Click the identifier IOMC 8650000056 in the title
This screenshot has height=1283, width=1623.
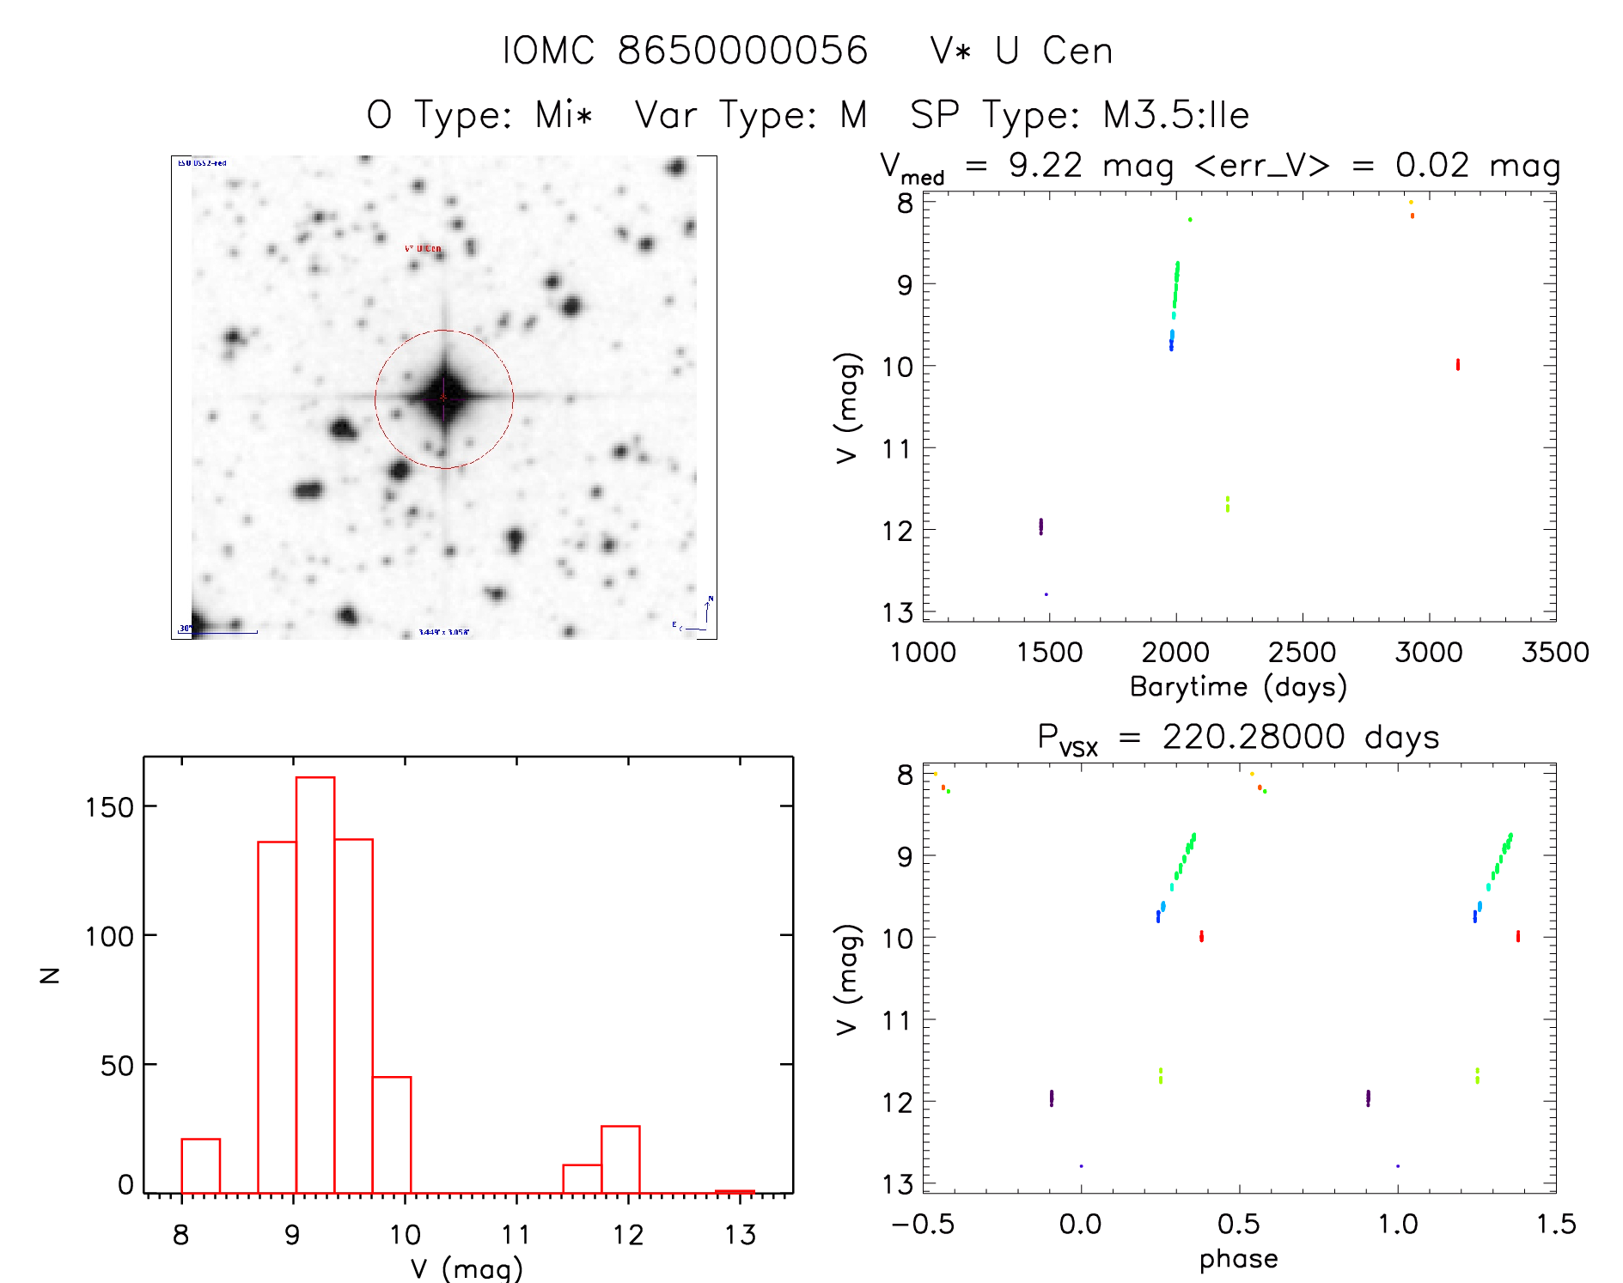685,51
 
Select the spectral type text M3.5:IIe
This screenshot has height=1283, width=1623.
1175,115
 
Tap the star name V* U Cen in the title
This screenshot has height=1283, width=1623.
1022,51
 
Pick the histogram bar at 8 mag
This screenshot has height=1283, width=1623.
200,1165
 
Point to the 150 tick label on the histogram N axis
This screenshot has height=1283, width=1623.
109,807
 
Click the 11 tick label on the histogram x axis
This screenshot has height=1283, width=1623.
516,1235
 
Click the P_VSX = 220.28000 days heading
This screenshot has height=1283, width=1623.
1238,738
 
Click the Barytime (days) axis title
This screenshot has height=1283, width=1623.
1238,687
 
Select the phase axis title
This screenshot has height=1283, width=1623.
1238,1259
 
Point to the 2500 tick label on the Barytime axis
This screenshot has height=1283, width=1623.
1302,653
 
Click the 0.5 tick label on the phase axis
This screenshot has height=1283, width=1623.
1239,1224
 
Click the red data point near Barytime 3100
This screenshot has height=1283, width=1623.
1458,365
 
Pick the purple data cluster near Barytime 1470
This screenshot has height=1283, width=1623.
1040,526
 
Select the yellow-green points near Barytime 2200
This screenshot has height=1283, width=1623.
1228,503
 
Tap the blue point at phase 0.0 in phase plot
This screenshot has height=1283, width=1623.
1081,1166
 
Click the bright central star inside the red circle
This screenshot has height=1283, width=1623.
444,398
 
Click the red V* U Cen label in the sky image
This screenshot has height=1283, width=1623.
423,249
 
